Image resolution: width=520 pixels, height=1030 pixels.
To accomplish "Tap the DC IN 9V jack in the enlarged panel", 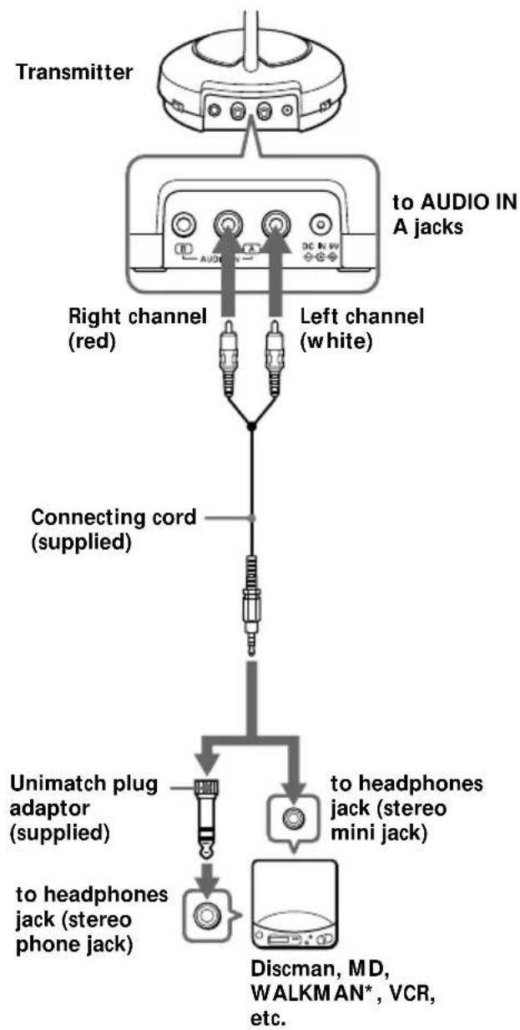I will [321, 224].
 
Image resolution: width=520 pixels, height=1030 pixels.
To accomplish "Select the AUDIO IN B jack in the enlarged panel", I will [184, 225].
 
